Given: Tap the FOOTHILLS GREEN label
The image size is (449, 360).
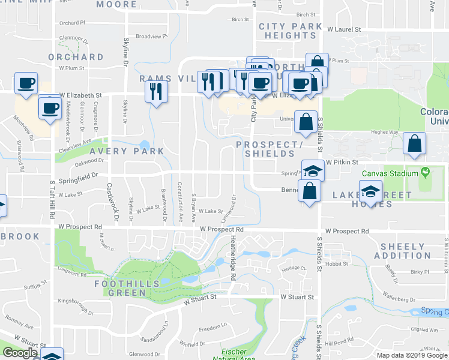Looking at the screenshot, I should (x=127, y=287).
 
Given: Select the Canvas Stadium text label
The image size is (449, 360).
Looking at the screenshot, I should (x=389, y=174).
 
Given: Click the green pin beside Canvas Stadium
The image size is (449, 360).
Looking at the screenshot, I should (x=426, y=173).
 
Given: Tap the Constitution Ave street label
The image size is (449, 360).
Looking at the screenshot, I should (x=180, y=202).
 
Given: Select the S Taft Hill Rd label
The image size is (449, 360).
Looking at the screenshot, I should (x=53, y=199).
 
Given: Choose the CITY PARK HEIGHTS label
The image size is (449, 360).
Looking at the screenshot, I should (x=287, y=31).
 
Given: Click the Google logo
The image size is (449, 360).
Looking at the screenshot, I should (x=20, y=353).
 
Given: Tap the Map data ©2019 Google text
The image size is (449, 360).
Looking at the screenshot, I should (x=412, y=355).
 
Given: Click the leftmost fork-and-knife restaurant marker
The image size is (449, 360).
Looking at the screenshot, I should (x=155, y=91).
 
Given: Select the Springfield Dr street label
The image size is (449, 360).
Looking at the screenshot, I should (x=79, y=177).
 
